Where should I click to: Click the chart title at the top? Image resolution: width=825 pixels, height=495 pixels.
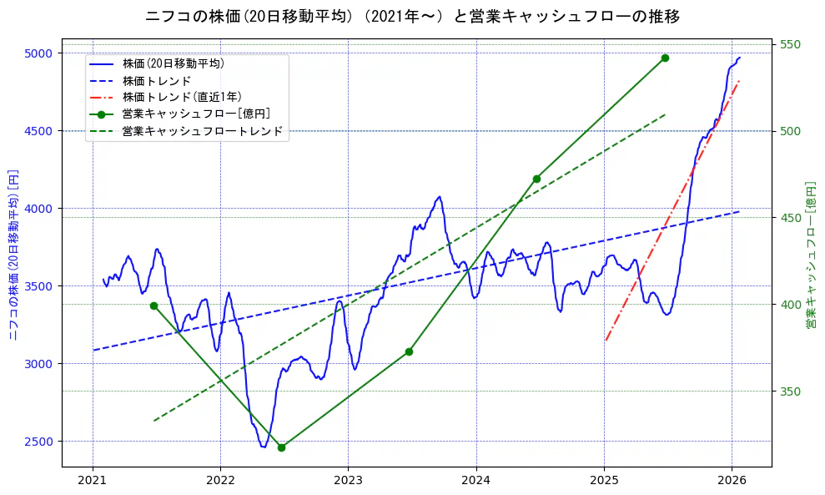pyautogui.click(x=412, y=17)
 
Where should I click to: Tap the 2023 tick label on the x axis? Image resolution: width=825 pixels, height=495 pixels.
pyautogui.click(x=348, y=482)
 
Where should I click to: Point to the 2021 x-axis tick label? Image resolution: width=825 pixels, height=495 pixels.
pyautogui.click(x=93, y=482)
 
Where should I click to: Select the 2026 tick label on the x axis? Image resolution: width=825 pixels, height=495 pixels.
pyautogui.click(x=732, y=482)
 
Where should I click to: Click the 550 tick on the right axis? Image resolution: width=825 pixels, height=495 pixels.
pyautogui.click(x=790, y=44)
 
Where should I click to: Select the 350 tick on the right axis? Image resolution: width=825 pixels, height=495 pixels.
pyautogui.click(x=790, y=391)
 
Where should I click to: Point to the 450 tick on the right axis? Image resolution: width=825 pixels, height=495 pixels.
pyautogui.click(x=790, y=218)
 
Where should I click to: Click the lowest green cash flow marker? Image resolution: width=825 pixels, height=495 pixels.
pyautogui.click(x=281, y=447)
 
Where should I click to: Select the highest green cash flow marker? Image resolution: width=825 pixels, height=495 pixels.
pyautogui.click(x=665, y=58)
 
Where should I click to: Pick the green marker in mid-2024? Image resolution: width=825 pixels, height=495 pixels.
pyautogui.click(x=536, y=179)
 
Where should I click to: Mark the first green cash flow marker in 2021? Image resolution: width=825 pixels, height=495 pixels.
pyautogui.click(x=153, y=306)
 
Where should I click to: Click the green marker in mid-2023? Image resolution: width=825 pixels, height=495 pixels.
pyautogui.click(x=409, y=351)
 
